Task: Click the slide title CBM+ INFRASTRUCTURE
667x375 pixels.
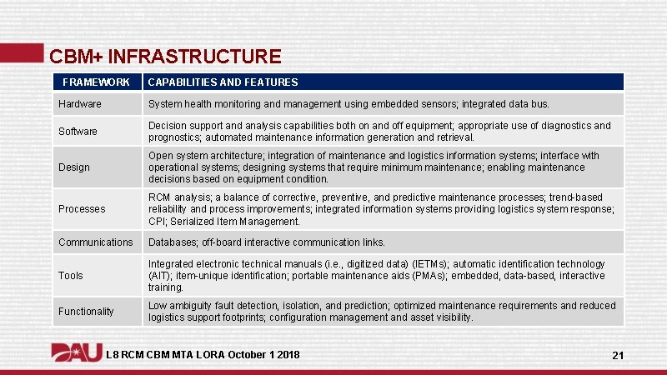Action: click(165, 57)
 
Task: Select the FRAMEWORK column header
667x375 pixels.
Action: click(97, 82)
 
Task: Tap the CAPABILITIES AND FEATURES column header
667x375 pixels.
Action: click(223, 82)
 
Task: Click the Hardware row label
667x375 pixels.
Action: click(80, 104)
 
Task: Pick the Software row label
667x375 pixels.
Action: click(78, 132)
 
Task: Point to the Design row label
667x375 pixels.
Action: click(74, 167)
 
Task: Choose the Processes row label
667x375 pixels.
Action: click(82, 209)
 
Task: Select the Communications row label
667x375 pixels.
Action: click(95, 242)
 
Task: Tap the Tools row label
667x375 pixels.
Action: click(71, 276)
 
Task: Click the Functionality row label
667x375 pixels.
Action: click(86, 312)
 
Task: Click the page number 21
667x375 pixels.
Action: click(618, 356)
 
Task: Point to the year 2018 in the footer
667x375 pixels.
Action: click(285, 356)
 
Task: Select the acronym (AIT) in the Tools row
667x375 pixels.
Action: click(160, 276)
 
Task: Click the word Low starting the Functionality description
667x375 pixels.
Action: click(158, 306)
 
